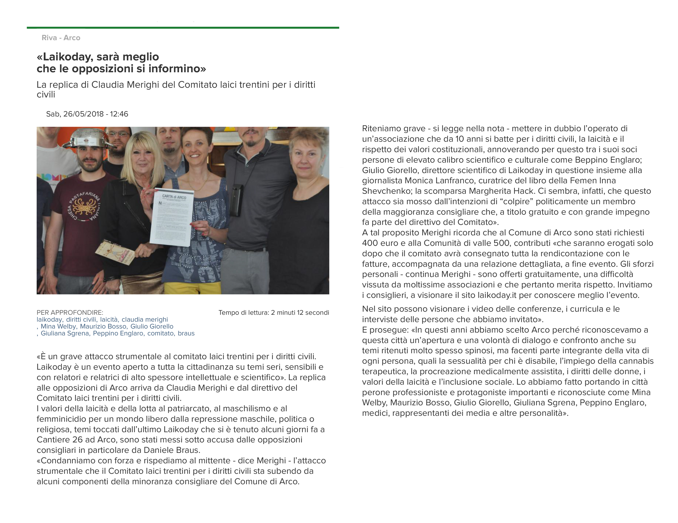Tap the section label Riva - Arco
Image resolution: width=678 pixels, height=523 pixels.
coord(61,38)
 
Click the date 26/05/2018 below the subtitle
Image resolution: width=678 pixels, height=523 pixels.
coord(83,114)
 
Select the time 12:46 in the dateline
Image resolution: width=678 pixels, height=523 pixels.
coord(119,114)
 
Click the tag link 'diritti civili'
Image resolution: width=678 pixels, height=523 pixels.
coord(81,320)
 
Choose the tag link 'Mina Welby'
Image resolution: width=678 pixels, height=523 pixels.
coord(58,326)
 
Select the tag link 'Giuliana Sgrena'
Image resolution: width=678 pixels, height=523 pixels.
coord(64,334)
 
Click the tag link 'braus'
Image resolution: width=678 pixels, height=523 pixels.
coord(186,334)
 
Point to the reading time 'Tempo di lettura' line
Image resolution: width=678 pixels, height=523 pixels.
coord(274,313)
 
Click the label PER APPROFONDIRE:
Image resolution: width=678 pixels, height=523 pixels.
coord(70,313)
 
